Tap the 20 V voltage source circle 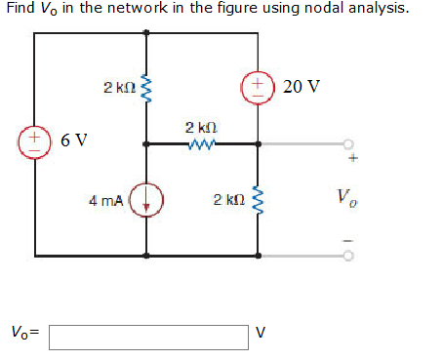(x=259, y=86)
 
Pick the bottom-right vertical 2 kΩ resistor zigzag (x=259, y=201)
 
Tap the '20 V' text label (x=300, y=86)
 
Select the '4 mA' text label (x=105, y=201)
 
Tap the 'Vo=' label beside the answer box (x=25, y=332)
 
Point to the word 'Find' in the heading (x=20, y=10)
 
